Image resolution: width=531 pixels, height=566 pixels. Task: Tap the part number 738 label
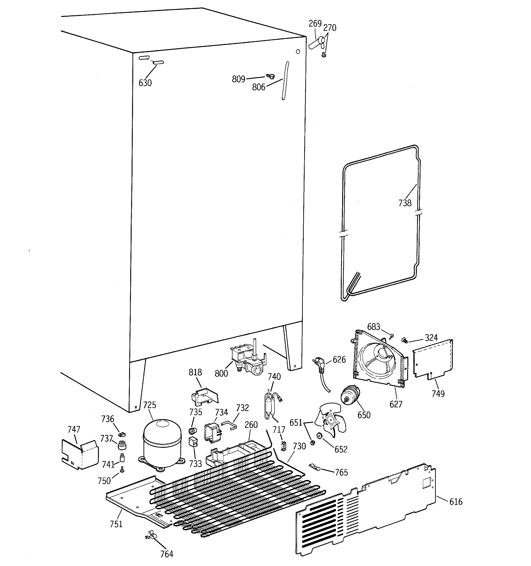(x=405, y=203)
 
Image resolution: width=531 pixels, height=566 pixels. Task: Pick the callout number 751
(x=116, y=523)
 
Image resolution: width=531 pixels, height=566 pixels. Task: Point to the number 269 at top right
(x=315, y=24)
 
